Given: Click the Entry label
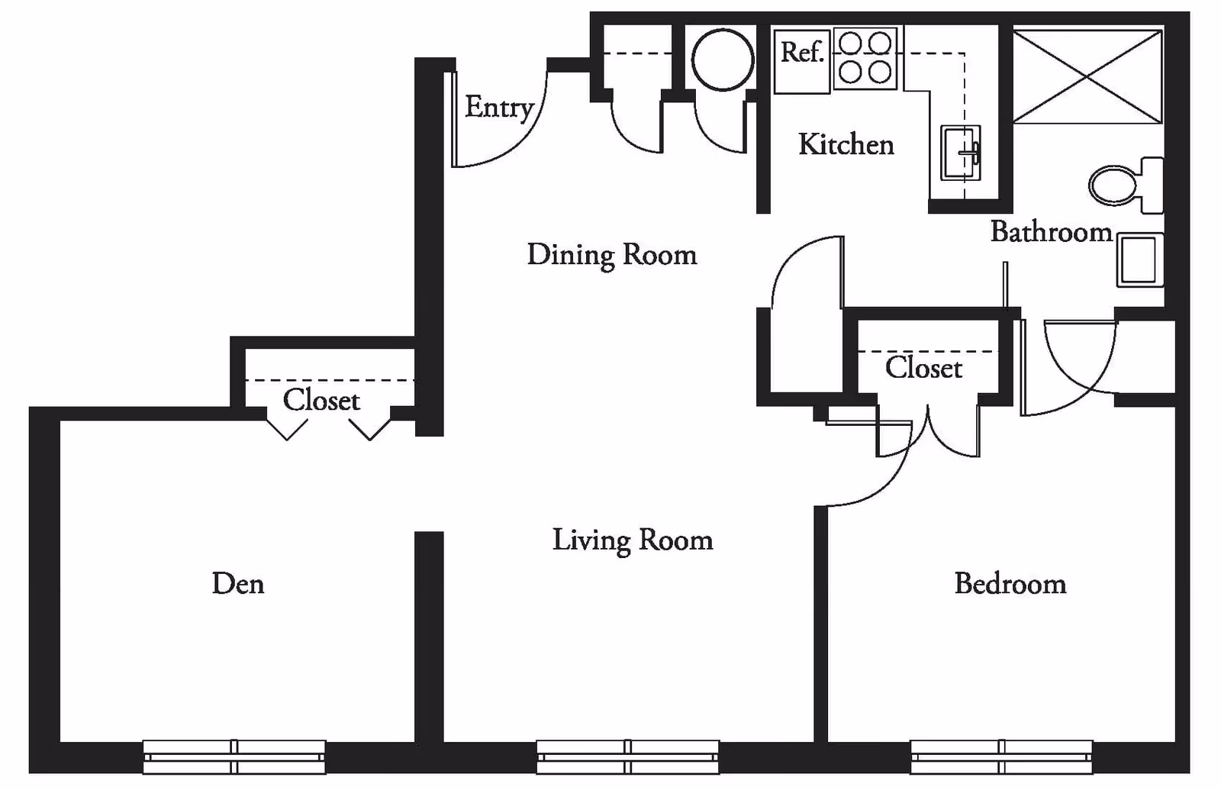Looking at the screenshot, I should click(x=498, y=108).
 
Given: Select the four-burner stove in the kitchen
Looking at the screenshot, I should click(x=865, y=58).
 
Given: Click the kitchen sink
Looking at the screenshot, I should click(x=960, y=153).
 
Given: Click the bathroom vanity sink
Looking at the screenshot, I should click(x=1139, y=260).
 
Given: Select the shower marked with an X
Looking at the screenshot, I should click(x=1087, y=76).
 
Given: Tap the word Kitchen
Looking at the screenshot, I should click(x=846, y=144).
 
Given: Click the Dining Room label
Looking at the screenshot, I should click(x=611, y=255).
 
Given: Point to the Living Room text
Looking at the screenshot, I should click(x=632, y=540).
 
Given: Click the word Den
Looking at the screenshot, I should click(x=238, y=584).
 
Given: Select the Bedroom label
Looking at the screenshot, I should click(x=1010, y=584).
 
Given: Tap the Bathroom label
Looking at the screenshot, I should click(x=1051, y=232).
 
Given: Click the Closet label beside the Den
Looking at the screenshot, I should click(x=321, y=400).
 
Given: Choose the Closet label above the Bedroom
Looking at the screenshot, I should click(x=923, y=368).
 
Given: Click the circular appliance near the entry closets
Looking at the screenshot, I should click(x=722, y=60).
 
